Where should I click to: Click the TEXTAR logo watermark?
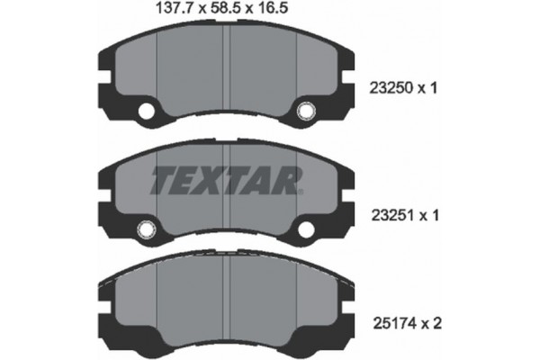(225, 180)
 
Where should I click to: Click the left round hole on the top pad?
(146, 112)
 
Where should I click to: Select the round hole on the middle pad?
(145, 229)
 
